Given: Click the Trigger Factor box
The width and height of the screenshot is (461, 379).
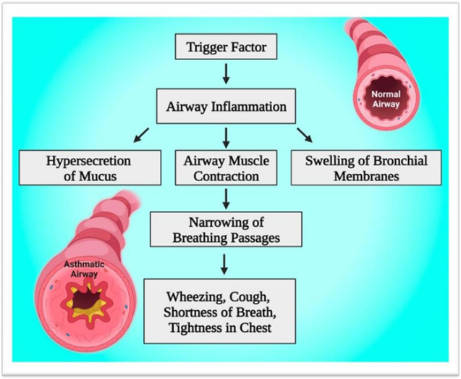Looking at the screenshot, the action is (226, 46).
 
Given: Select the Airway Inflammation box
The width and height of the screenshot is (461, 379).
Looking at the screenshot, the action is (226, 106).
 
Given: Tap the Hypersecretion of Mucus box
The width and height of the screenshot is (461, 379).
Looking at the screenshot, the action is (90, 168).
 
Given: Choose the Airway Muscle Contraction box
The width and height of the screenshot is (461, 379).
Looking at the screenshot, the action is (226, 168).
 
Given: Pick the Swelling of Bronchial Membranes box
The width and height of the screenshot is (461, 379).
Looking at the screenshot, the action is (366, 168).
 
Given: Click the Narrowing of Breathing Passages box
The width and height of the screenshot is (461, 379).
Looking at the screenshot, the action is (226, 229).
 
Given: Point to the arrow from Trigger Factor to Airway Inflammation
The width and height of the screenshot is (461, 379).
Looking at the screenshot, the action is (226, 74).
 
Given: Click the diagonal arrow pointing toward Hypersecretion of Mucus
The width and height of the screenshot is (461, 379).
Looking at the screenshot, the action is (141, 136).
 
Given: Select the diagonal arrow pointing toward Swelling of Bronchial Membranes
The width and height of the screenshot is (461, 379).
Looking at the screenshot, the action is (305, 136).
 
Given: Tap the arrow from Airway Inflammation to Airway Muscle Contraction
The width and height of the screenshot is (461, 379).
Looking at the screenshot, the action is (226, 138).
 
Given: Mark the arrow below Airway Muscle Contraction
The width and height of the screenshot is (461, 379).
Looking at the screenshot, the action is (226, 199).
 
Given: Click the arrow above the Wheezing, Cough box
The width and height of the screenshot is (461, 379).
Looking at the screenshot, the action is (224, 265).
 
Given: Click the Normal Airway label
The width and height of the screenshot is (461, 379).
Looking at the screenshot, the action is (386, 99).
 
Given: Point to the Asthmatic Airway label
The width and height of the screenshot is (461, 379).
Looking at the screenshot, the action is (84, 269).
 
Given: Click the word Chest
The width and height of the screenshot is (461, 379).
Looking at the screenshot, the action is (255, 328).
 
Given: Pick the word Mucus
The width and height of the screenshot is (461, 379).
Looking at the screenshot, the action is (98, 176).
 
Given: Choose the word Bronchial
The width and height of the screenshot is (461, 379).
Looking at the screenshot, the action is (400, 161).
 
